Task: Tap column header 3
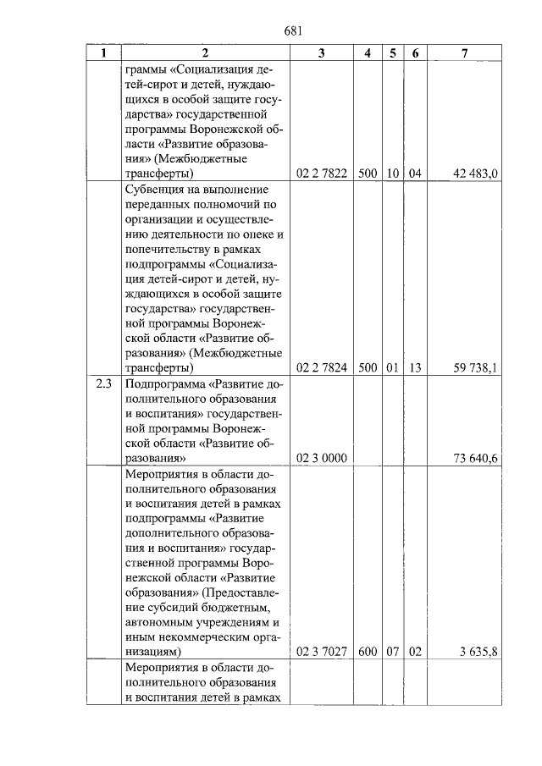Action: click(321, 53)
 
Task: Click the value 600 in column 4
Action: click(368, 653)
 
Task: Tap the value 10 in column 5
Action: click(393, 174)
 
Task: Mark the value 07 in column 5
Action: click(393, 653)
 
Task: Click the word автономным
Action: click(163, 622)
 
